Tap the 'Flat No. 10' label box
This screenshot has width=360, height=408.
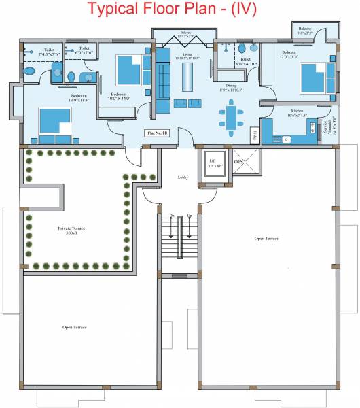(x=157, y=134)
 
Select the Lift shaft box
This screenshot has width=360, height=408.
(x=215, y=165)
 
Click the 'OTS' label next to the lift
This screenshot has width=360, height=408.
(x=239, y=163)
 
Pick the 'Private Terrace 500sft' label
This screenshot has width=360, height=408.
(x=68, y=231)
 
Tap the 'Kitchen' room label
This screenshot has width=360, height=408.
(x=297, y=112)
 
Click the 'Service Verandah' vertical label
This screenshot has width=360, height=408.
(x=327, y=127)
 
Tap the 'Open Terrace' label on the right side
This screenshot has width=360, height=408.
(x=267, y=239)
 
